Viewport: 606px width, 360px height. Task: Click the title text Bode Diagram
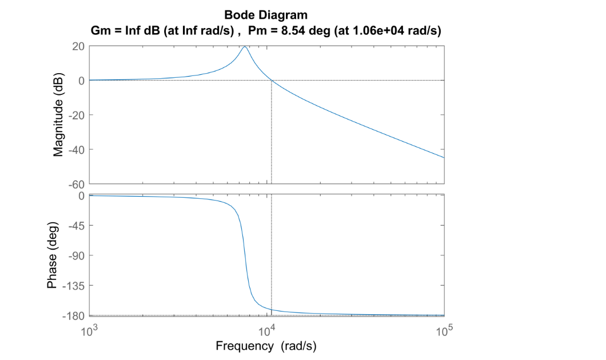(266, 15)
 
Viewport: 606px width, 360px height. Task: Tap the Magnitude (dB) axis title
(58, 115)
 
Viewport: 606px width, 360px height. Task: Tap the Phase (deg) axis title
(52, 255)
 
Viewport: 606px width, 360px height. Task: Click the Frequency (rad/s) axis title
(266, 346)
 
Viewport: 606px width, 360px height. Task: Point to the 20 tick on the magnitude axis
(78, 46)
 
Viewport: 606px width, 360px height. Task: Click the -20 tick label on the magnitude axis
(77, 115)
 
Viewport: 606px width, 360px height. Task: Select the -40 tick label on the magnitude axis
(77, 150)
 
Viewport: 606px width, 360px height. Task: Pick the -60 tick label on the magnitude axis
(77, 184)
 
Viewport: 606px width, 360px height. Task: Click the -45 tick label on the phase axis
(77, 226)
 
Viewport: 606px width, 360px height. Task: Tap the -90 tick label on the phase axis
(77, 255)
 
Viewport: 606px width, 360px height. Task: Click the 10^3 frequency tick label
(89, 331)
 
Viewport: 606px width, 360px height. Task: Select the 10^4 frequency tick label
(267, 331)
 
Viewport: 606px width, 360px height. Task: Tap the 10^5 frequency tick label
(444, 331)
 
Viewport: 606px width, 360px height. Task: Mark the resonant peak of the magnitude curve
(245, 47)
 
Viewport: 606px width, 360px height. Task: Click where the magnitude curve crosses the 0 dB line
(272, 81)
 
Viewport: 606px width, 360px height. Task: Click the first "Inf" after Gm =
(133, 30)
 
